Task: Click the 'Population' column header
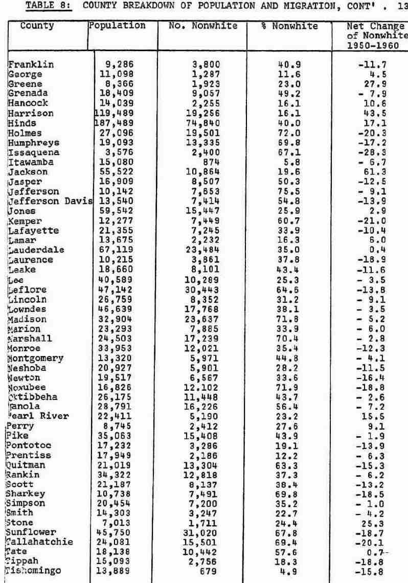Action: (117, 26)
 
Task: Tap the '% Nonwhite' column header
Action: (289, 26)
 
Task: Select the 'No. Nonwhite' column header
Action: (203, 26)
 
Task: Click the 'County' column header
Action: (37, 26)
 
